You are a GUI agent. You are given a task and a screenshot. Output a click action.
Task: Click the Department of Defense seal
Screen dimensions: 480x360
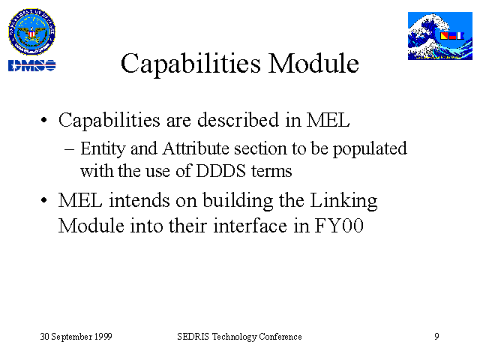[31, 31]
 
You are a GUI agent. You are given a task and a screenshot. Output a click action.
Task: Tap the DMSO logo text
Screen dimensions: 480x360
[31, 65]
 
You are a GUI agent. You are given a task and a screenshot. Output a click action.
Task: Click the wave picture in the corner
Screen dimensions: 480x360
[440, 36]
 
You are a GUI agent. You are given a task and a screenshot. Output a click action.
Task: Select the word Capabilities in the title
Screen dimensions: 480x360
[190, 64]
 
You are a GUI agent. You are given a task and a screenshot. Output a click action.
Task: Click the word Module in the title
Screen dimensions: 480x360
[313, 63]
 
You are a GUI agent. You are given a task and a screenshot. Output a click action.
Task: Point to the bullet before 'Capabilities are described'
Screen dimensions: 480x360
[43, 120]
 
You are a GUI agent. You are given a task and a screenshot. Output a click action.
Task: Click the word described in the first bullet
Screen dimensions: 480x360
[238, 119]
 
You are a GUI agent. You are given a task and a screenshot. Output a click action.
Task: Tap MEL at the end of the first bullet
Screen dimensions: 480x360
[328, 120]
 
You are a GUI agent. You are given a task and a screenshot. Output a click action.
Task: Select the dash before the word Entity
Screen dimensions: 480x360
[69, 150]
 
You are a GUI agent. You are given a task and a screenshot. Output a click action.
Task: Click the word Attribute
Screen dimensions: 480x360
[196, 148]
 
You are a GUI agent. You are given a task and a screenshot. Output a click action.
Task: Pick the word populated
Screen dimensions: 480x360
[370, 149]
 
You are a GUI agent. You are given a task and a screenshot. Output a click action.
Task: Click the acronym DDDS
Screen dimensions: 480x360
[220, 171]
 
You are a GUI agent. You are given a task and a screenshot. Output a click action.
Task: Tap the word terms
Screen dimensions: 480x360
[271, 172]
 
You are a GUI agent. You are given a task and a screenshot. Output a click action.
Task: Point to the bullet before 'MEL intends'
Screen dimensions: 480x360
[43, 201]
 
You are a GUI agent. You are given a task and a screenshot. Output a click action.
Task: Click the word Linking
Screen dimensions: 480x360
[343, 202]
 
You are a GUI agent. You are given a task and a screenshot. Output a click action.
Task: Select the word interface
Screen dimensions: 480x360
[250, 226]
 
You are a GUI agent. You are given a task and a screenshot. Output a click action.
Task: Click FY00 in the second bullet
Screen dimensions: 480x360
[339, 226]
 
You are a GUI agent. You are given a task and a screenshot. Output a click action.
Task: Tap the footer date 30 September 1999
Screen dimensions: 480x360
[76, 337]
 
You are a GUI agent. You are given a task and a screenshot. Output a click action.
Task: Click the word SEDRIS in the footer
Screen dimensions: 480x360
[193, 337]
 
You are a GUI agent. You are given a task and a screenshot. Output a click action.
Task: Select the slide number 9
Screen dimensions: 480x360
[436, 337]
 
